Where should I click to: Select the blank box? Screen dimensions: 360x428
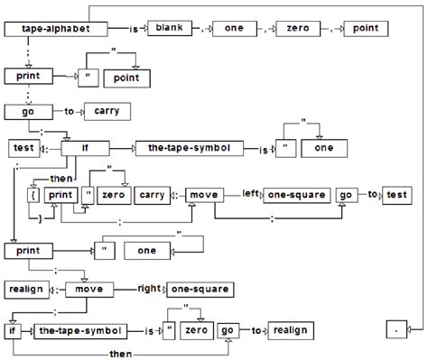coord(168,30)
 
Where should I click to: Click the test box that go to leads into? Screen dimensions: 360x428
coord(396,195)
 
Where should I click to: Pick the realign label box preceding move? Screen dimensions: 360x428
coord(27,290)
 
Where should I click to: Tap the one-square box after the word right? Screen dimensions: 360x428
coord(200,289)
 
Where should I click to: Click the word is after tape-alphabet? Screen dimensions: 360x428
coord(134,30)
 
